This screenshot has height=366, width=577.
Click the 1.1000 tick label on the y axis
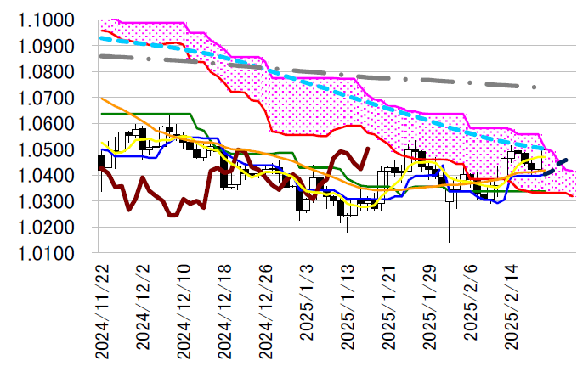tap(48, 20)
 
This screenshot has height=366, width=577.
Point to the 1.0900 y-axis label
tap(48, 46)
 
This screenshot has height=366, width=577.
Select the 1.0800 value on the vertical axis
tap(48, 72)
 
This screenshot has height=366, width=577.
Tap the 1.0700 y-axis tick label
tap(48, 99)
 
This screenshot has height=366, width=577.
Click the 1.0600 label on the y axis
tap(48, 124)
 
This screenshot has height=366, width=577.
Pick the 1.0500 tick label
tap(48, 150)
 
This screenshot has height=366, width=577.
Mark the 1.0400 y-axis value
tap(48, 176)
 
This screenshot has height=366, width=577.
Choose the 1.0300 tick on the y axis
tap(48, 202)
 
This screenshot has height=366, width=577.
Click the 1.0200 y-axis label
tap(48, 228)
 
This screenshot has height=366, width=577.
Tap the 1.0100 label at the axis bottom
tap(48, 254)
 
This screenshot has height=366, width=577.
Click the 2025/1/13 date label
tap(347, 311)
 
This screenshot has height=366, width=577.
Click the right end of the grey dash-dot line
tap(535, 87)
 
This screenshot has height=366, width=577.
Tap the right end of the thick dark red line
tap(367, 149)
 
